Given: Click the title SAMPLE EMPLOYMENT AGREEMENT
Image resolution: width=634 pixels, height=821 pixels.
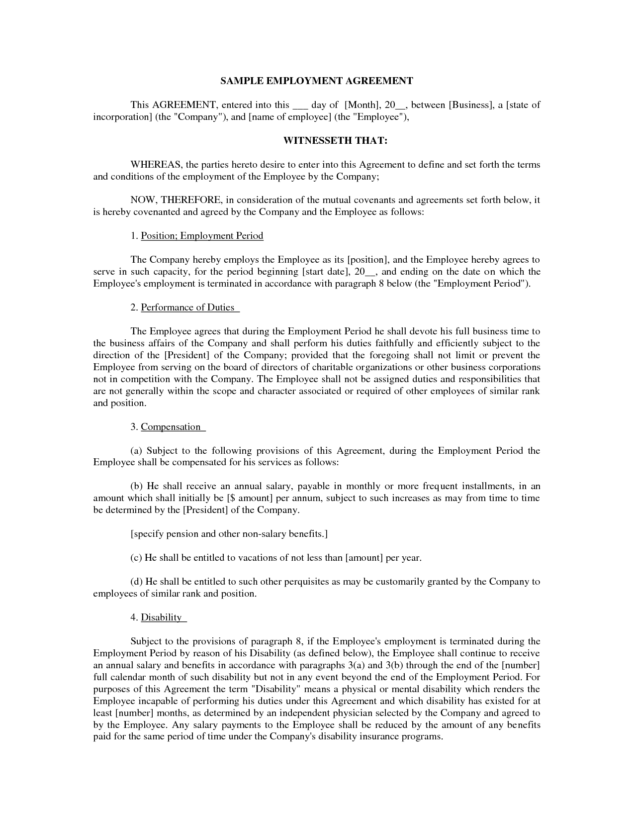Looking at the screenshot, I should pyautogui.click(x=317, y=81).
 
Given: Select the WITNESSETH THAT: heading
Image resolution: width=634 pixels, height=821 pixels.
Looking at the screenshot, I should pyautogui.click(x=335, y=141).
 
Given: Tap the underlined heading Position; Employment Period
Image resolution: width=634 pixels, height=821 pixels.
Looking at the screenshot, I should pyautogui.click(x=202, y=236).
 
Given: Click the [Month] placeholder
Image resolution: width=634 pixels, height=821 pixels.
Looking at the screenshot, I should pyautogui.click(x=362, y=105).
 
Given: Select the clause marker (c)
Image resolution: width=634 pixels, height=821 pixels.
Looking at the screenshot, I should pyautogui.click(x=136, y=558).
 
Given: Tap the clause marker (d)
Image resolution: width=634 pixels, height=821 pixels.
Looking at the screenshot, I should pyautogui.click(x=136, y=582).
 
